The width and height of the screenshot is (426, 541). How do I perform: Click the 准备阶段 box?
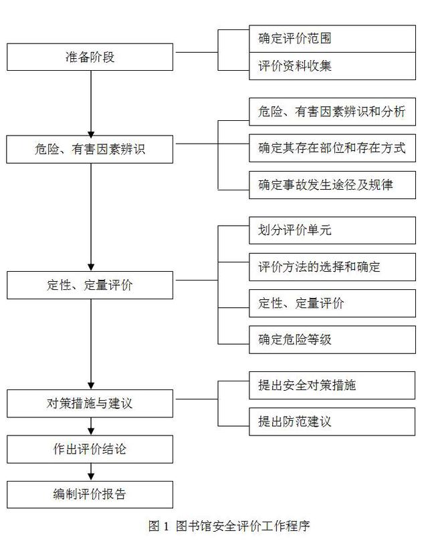click(x=90, y=57)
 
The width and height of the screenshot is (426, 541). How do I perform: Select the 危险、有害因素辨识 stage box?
click(x=90, y=149)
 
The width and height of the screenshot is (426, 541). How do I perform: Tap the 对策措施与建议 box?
click(x=90, y=403)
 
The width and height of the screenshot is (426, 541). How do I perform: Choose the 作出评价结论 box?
click(x=90, y=449)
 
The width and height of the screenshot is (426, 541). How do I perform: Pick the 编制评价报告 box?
click(x=90, y=494)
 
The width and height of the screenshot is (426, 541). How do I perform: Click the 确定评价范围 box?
click(x=332, y=39)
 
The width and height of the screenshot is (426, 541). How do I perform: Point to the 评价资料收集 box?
click(x=332, y=66)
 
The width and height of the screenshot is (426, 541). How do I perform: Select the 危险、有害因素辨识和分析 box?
click(x=332, y=112)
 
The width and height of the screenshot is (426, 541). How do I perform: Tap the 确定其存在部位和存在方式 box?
click(x=332, y=148)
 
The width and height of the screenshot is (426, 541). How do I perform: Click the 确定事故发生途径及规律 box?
click(x=332, y=185)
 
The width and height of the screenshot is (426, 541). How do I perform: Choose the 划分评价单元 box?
click(x=332, y=230)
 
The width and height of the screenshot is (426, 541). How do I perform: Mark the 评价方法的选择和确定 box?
click(x=332, y=267)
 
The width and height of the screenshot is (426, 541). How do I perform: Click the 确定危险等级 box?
click(x=332, y=340)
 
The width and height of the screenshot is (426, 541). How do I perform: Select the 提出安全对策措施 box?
click(x=332, y=385)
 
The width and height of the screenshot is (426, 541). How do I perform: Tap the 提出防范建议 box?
click(x=332, y=421)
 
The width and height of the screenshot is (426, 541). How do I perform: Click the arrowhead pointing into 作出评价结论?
click(x=91, y=431)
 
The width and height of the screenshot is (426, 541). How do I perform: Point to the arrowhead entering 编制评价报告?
click(x=91, y=477)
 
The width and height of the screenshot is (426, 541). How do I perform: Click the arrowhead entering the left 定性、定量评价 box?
click(x=91, y=268)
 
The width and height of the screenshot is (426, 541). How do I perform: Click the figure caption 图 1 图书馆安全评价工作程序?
click(x=229, y=526)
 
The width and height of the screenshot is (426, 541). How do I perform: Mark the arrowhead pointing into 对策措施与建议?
click(x=91, y=386)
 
